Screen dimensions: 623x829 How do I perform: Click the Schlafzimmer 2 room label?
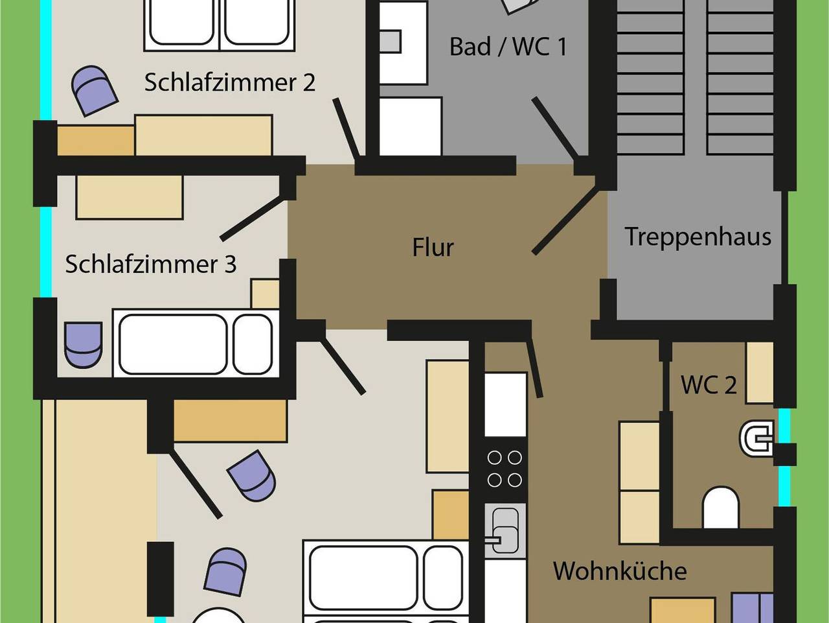click(x=229, y=83)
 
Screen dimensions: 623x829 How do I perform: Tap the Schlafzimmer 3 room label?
click(x=150, y=264)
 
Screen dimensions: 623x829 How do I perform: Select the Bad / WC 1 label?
click(x=508, y=47)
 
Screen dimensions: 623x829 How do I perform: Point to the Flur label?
click(x=433, y=248)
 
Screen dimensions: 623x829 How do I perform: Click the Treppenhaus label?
click(x=698, y=237)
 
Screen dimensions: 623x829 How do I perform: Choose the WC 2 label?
click(x=708, y=385)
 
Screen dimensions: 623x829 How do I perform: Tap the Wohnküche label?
click(x=620, y=571)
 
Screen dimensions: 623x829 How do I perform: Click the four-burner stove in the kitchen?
click(x=505, y=469)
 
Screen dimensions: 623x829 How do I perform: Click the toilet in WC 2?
click(x=720, y=507)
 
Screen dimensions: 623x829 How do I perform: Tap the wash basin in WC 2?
click(x=757, y=439)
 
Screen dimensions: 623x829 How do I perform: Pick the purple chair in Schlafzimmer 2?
click(x=95, y=90)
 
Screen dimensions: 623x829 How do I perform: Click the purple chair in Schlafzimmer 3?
click(x=84, y=344)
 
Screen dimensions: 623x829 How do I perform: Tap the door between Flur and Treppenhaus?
click(x=563, y=220)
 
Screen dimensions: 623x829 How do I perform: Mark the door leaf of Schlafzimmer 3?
click(x=253, y=219)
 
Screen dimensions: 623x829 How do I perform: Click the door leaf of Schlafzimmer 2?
click(x=346, y=129)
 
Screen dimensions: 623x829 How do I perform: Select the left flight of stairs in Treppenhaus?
click(x=650, y=78)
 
